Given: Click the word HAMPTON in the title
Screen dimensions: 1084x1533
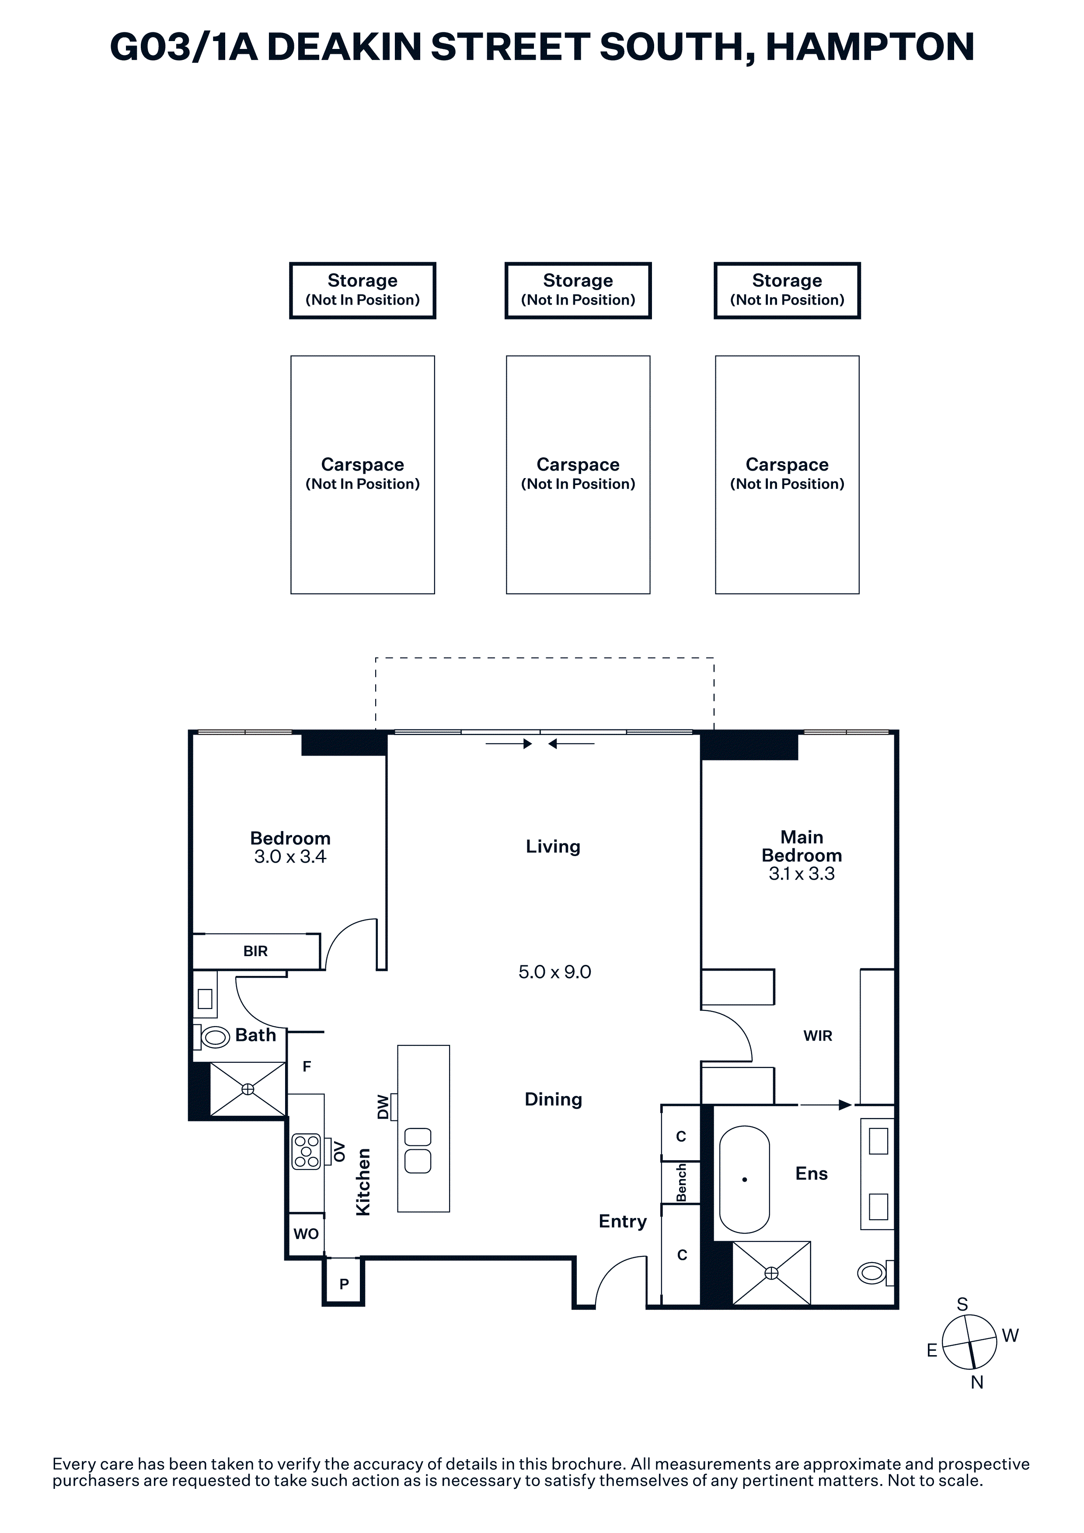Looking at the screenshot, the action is point(870,47).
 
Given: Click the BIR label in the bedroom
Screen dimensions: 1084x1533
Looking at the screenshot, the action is point(255,951).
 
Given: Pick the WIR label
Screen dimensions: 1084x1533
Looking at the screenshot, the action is point(818,1036).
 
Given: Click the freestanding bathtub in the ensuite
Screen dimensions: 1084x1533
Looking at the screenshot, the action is point(744,1179).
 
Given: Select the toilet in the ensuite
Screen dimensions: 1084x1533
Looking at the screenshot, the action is point(875,1273).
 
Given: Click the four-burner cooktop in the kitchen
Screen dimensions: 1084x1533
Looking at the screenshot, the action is point(307,1152).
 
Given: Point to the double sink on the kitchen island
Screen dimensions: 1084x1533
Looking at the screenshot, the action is point(418,1151).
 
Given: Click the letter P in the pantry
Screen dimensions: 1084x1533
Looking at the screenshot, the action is point(344,1283).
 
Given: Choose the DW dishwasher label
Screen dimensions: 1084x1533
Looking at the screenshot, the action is point(383,1106).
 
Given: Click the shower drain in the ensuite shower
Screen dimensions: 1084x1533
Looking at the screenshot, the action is point(771,1273).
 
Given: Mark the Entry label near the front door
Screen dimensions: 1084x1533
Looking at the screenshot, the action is point(623,1221).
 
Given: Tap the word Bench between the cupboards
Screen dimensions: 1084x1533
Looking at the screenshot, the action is point(681,1183).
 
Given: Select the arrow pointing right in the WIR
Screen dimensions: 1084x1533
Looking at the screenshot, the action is point(826,1105).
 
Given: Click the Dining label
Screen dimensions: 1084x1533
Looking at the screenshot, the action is point(553,1099).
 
